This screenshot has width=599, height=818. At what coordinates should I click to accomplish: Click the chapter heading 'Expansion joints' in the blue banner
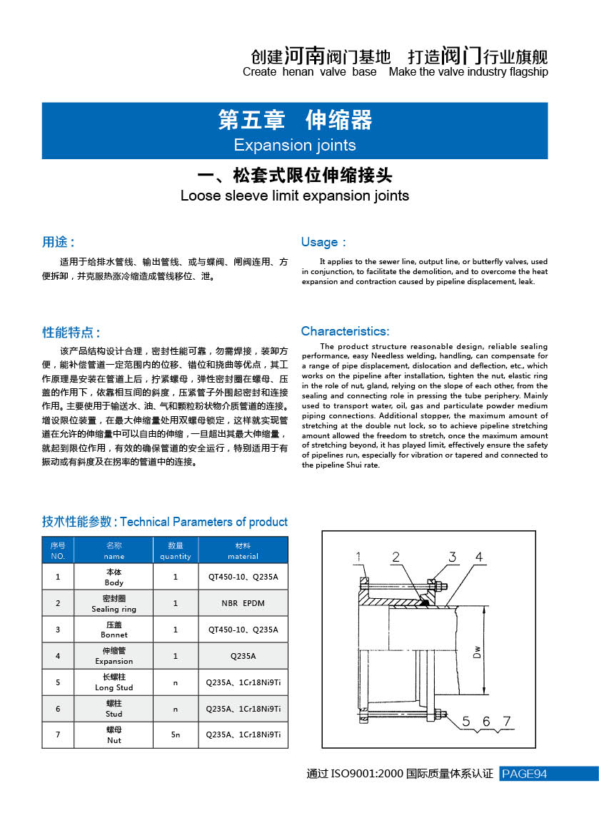(294, 145)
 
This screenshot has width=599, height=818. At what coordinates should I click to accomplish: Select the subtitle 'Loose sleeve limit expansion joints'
(295, 196)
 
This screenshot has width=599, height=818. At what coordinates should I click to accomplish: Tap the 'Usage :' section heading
(323, 242)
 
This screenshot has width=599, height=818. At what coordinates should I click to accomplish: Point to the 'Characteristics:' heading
(345, 331)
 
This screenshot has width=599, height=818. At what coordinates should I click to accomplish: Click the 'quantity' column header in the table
(176, 550)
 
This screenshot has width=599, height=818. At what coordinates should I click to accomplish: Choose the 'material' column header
(243, 550)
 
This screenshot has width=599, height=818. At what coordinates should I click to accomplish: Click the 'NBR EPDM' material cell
(243, 603)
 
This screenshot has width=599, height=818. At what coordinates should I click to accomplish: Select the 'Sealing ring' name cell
(114, 604)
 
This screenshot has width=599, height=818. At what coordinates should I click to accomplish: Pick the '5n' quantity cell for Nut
(176, 734)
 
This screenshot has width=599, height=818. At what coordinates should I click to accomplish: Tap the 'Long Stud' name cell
(114, 682)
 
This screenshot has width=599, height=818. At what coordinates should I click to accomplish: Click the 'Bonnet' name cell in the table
(114, 630)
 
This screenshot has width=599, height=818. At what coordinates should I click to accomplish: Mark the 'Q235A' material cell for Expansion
(243, 656)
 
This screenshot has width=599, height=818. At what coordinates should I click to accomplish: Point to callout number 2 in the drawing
(396, 557)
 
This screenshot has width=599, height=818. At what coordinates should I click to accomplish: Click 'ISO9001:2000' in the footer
(367, 774)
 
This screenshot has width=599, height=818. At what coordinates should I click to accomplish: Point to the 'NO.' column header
(58, 550)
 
